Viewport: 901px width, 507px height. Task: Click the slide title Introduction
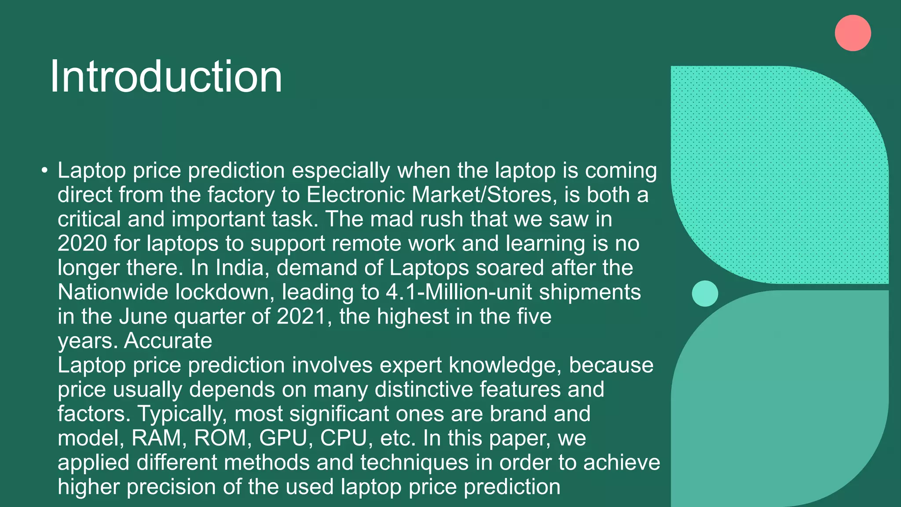point(166,77)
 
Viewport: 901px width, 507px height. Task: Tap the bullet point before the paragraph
point(44,170)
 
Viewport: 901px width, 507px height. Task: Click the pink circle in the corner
point(853,33)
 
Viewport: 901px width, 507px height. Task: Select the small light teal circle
point(705,294)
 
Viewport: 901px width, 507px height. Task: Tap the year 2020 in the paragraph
point(82,243)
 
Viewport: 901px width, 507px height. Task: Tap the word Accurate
point(168,341)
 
